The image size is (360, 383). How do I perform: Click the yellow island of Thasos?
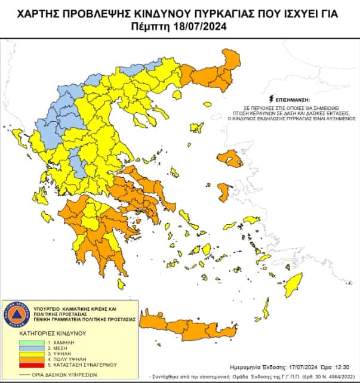point(177,94)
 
